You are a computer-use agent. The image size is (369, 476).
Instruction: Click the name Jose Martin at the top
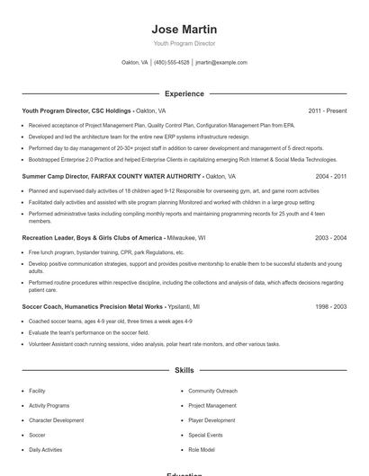pyautogui.click(x=184, y=30)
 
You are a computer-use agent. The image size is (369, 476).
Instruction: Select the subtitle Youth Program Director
pyautogui.click(x=184, y=43)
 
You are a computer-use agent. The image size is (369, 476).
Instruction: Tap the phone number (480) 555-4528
pyautogui.click(x=172, y=63)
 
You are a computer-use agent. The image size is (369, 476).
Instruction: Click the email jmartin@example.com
pyautogui.click(x=221, y=63)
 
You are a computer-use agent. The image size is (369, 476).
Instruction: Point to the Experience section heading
pyautogui.click(x=184, y=93)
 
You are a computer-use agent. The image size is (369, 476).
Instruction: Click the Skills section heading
pyautogui.click(x=184, y=370)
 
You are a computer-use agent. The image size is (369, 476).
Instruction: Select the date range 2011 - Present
pyautogui.click(x=328, y=110)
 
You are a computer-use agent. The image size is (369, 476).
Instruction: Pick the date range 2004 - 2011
pyautogui.click(x=331, y=177)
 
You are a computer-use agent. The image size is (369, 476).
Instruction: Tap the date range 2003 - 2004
pyautogui.click(x=331, y=238)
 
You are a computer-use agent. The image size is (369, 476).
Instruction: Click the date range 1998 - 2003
pyautogui.click(x=331, y=306)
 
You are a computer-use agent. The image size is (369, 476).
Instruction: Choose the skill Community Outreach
pyautogui.click(x=213, y=392)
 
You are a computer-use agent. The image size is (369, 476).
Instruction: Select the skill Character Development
pyautogui.click(x=56, y=420)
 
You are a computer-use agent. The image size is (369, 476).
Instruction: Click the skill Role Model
pyautogui.click(x=202, y=449)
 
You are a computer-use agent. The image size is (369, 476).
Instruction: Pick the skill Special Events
pyautogui.click(x=205, y=435)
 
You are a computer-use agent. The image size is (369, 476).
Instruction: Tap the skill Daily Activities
pyautogui.click(x=46, y=449)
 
